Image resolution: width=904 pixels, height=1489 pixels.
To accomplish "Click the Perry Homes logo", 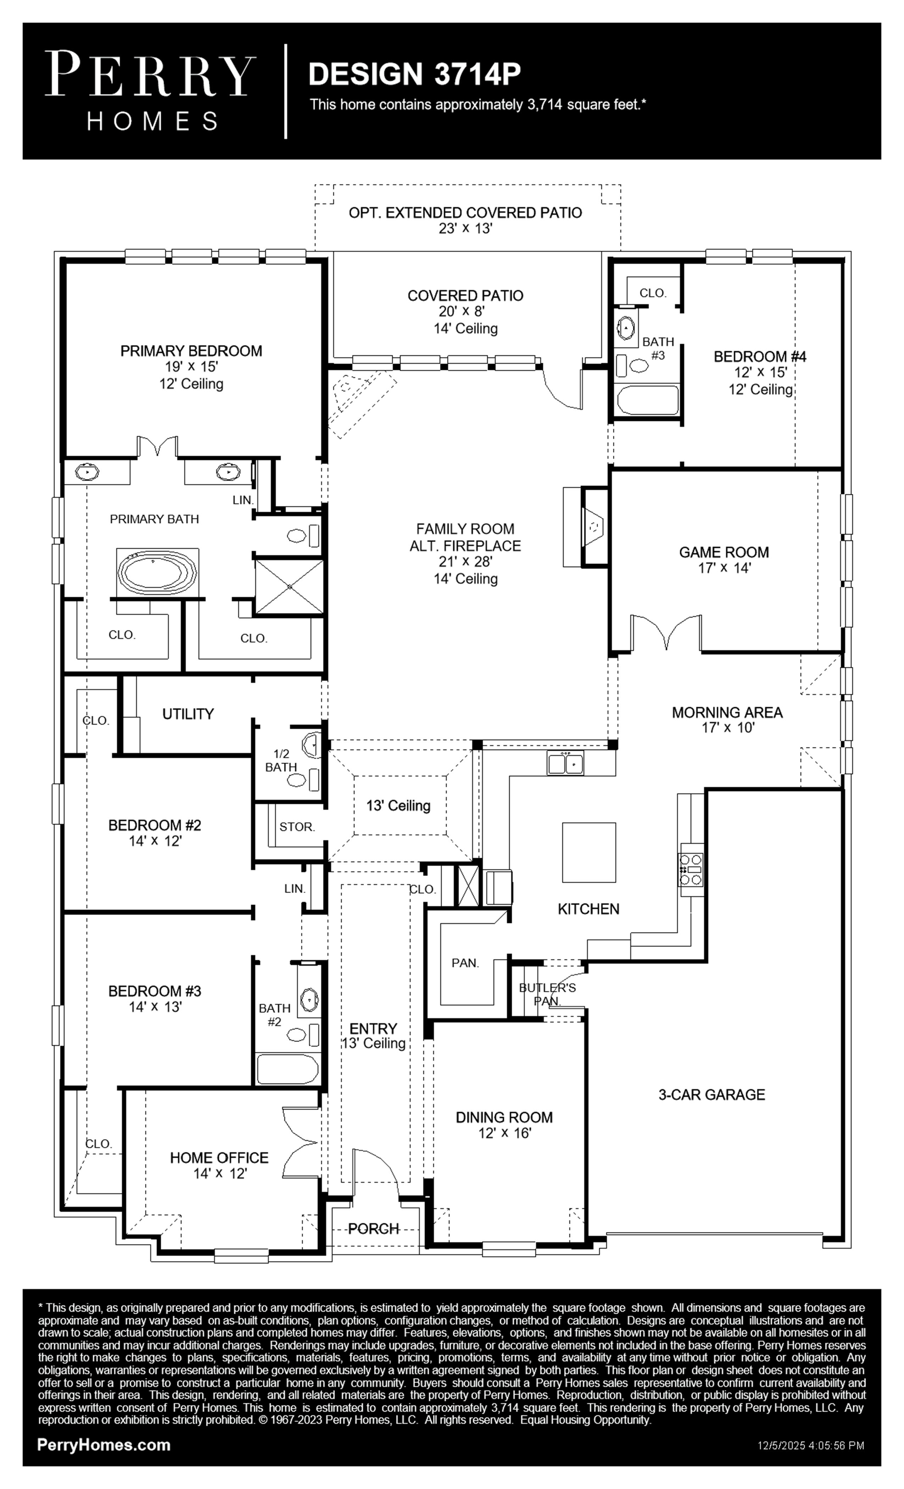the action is tap(150, 91).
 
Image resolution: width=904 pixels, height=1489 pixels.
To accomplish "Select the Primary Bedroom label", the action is tap(191, 351).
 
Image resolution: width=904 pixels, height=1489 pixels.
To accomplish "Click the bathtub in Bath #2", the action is tap(287, 1069).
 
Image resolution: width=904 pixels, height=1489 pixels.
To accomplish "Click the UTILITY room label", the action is tap(188, 714).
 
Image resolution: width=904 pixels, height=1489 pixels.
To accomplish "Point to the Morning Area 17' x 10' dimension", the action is tap(727, 727).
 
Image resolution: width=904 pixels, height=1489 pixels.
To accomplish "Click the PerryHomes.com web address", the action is tap(104, 1445).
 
